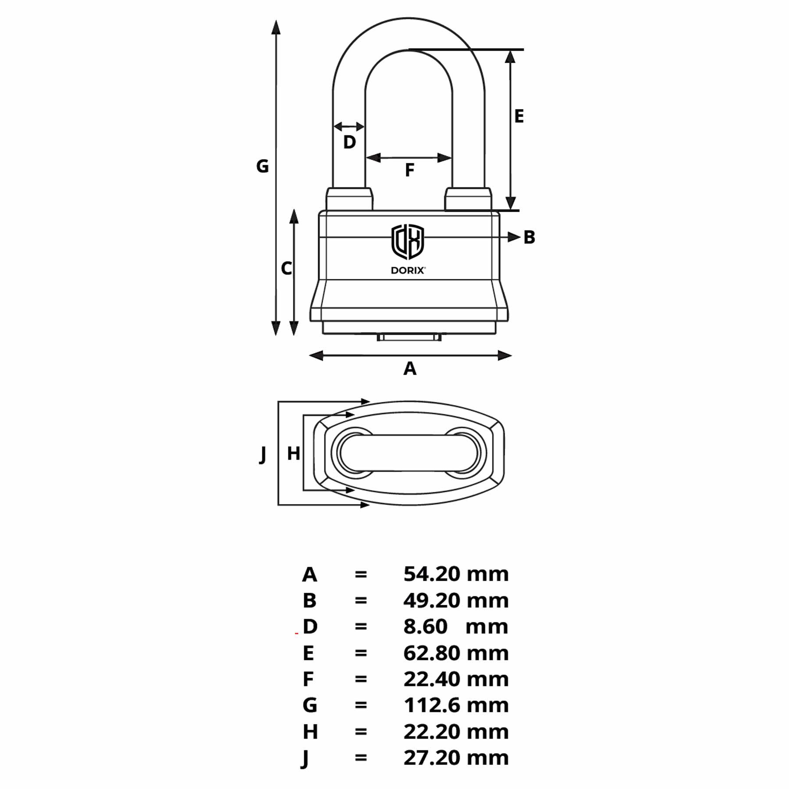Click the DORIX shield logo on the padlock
pos(408,242)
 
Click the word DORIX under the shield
pos(408,270)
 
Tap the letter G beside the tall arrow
pos(262,166)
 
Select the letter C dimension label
pos(286,268)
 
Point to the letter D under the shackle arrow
pos(349,142)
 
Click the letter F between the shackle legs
pos(409,170)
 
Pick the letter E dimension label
pos(519,116)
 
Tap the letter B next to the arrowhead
pos(530,237)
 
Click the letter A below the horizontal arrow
pos(410,369)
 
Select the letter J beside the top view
pos(263,454)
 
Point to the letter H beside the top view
pos(293,454)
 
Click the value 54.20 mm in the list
pos(456,574)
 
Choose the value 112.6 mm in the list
pos(456,705)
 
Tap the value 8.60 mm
pos(456,627)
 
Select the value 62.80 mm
pos(456,653)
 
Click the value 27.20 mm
pos(456,758)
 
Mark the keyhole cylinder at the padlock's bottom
pos(409,337)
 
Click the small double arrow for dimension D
pos(349,127)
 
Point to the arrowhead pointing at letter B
pos(513,237)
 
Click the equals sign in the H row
pos(361,732)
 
